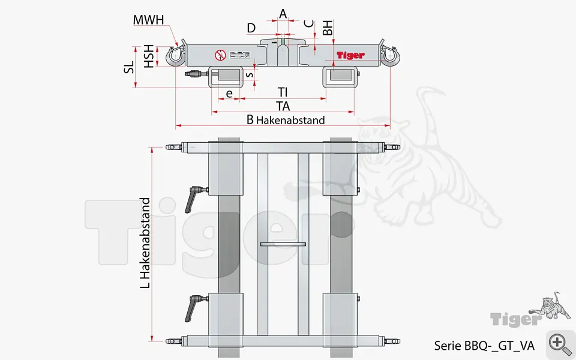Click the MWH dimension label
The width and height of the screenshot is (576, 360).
point(148,20)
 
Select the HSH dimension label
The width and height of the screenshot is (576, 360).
point(148,56)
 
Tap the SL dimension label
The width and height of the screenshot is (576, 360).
point(129,66)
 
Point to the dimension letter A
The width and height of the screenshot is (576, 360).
point(283,13)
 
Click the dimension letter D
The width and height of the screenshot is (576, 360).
point(251,28)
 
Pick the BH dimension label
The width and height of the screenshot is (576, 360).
point(328,28)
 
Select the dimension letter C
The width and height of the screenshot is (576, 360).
point(308,24)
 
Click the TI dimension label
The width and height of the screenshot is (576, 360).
point(283,92)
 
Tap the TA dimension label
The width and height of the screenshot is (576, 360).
point(283,106)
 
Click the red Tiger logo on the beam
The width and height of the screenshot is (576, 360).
point(350,55)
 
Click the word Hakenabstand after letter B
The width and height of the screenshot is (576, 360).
point(290,120)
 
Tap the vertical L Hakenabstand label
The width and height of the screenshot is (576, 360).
point(145,243)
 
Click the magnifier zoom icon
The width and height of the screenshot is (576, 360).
point(560,344)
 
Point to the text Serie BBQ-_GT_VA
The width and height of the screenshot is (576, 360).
point(484,346)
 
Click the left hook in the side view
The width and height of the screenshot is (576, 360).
point(175,56)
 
